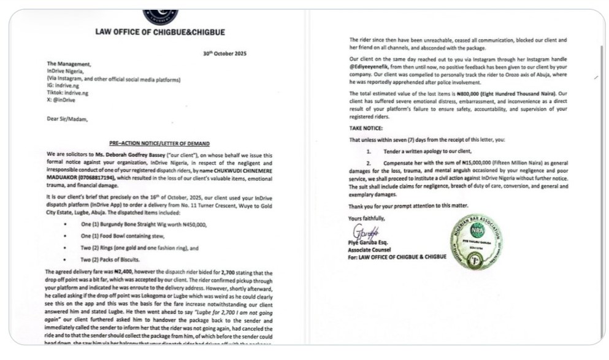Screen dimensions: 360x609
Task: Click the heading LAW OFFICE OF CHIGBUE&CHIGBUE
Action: point(160,32)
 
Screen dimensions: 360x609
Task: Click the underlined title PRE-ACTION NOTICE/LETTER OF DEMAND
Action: point(160,143)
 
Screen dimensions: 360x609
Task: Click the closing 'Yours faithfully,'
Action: point(367,218)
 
